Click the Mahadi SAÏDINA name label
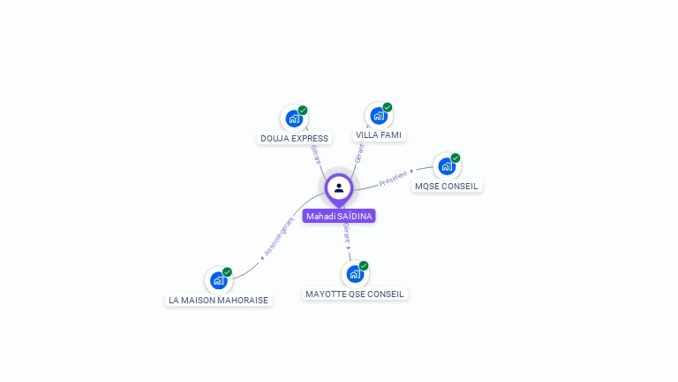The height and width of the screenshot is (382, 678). [339, 216]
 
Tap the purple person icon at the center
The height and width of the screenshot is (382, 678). [339, 187]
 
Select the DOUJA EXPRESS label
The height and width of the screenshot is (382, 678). [294, 138]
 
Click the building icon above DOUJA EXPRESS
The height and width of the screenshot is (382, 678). [294, 118]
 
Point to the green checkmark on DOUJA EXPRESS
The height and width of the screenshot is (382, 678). [303, 111]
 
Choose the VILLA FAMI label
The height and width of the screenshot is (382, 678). [379, 134]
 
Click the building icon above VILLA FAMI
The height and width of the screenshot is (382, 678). [379, 115]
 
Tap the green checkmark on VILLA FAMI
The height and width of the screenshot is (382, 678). [388, 107]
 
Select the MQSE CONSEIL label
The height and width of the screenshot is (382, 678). [447, 186]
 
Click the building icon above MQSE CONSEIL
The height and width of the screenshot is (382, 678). [447, 166]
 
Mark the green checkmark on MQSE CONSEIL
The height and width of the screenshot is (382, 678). [456, 158]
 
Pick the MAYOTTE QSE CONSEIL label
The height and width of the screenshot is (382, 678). [355, 294]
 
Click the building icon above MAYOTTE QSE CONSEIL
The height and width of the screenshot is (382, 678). [355, 274]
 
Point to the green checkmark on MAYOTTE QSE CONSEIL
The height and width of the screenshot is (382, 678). [364, 266]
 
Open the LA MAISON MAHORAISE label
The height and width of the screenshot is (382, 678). [219, 300]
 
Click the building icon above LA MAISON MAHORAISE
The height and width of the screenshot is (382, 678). [218, 280]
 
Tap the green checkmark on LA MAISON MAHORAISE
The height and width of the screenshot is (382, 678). [227, 272]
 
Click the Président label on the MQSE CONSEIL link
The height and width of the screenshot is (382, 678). [395, 177]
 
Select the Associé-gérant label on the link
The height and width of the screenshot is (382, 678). [278, 237]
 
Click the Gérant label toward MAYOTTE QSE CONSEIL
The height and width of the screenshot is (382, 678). [347, 233]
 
